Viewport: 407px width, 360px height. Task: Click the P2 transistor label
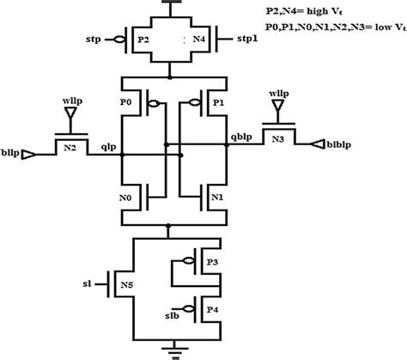(x=143, y=40)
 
